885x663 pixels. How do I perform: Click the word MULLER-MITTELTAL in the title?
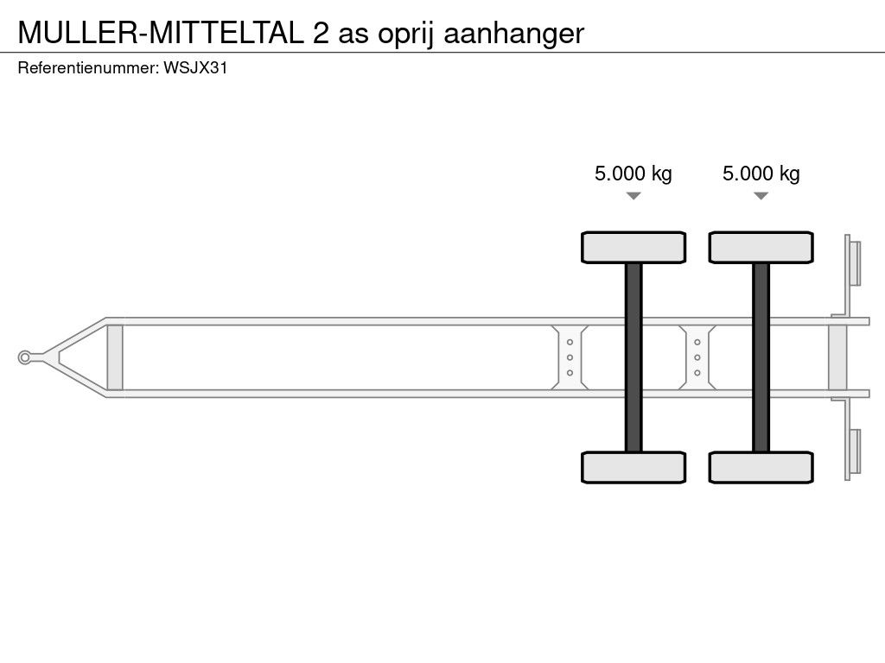(160, 33)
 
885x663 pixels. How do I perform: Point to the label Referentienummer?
(87, 68)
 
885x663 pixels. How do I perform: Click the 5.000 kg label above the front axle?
(633, 174)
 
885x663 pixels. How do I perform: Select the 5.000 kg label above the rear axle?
(761, 174)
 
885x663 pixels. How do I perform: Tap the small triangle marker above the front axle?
(634, 196)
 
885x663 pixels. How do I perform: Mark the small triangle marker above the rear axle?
(761, 196)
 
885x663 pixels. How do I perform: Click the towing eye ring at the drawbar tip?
(26, 357)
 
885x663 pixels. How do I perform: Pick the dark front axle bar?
(634, 357)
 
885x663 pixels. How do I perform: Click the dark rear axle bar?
(761, 357)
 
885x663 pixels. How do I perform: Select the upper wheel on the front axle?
(634, 247)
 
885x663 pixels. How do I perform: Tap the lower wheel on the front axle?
(634, 467)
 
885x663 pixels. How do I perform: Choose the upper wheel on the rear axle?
(761, 247)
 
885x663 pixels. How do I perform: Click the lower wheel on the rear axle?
(761, 467)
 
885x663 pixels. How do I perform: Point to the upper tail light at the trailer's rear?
(855, 262)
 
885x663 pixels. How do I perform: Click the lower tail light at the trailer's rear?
(855, 451)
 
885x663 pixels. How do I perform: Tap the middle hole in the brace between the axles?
(697, 357)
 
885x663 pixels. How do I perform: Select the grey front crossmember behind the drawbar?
(115, 357)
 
